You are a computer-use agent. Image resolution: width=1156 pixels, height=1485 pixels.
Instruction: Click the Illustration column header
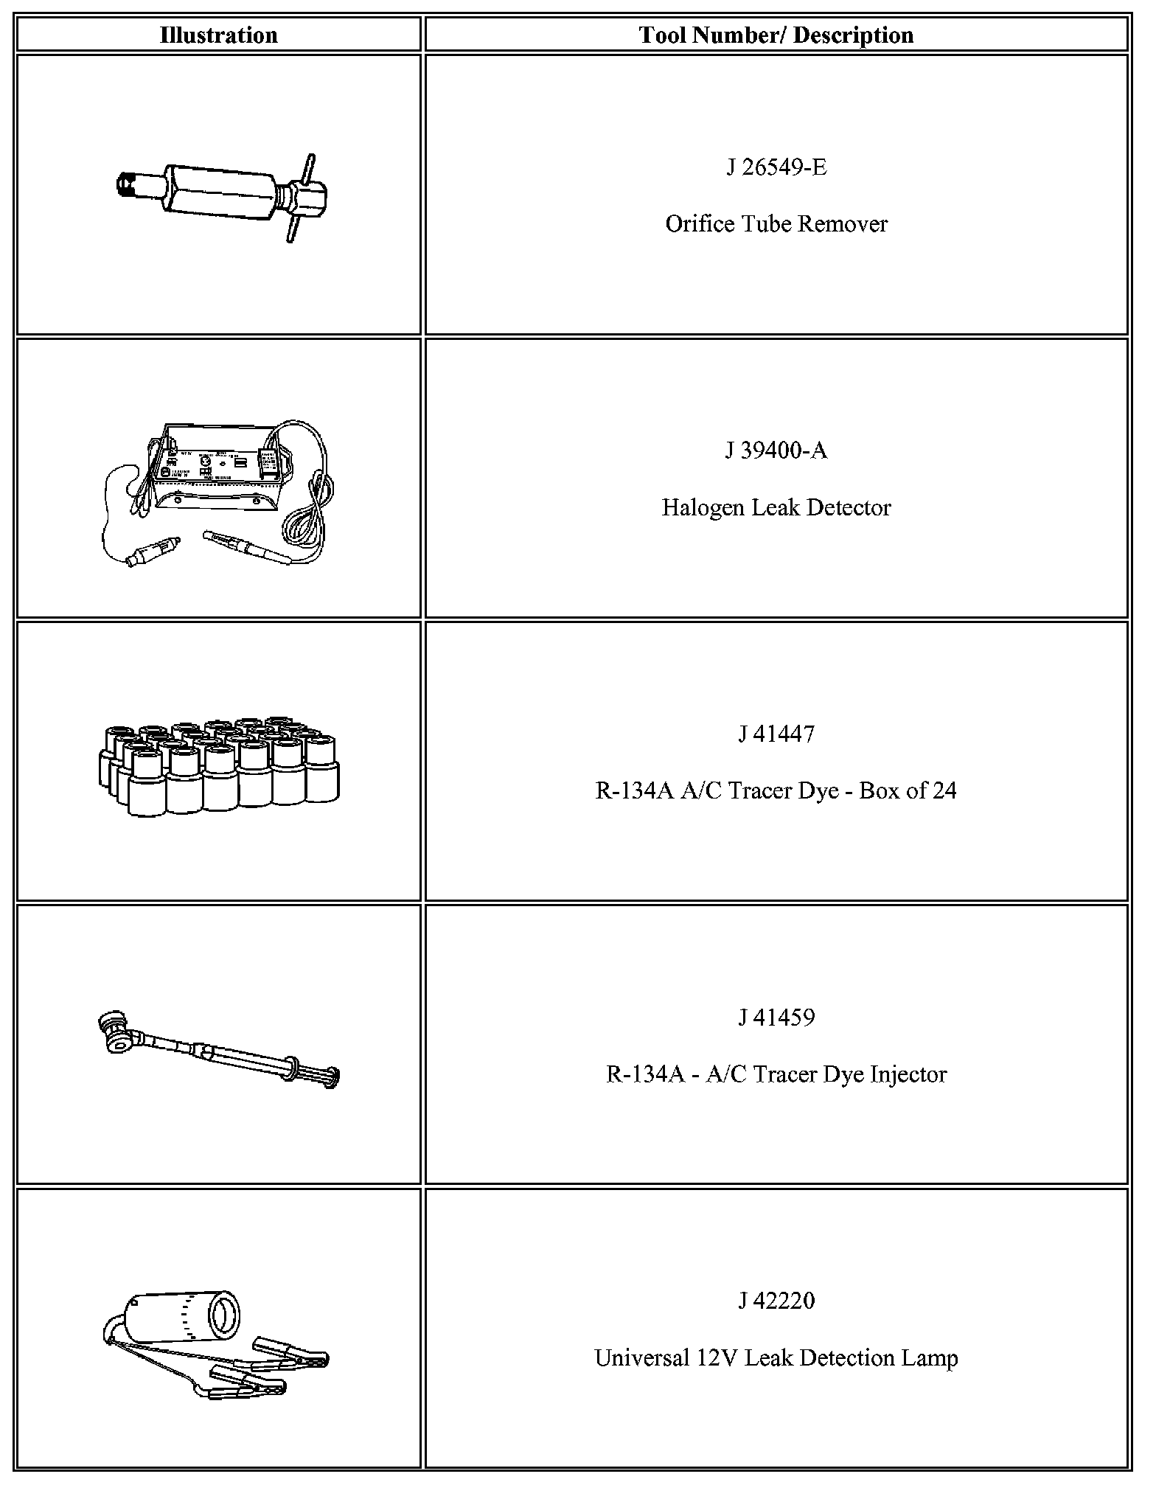[x=218, y=35]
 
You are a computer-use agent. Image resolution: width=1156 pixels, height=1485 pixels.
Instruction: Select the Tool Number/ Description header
[x=776, y=35]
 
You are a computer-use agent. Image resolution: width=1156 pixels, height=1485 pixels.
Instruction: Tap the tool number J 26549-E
[x=776, y=167]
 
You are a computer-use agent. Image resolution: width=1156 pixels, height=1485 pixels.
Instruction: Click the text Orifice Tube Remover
[x=776, y=223]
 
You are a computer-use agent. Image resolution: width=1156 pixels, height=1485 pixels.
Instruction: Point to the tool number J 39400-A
[x=776, y=451]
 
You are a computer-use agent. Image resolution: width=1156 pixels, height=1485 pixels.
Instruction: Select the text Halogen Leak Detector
[x=776, y=507]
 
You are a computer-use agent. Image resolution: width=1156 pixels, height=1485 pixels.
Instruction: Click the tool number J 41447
[x=776, y=734]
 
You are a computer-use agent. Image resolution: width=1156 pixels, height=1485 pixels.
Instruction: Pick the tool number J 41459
[x=776, y=1018]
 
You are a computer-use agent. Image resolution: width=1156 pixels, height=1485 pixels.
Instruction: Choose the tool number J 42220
[x=776, y=1301]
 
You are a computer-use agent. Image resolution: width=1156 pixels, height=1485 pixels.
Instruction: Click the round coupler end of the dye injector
[x=116, y=1030]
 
